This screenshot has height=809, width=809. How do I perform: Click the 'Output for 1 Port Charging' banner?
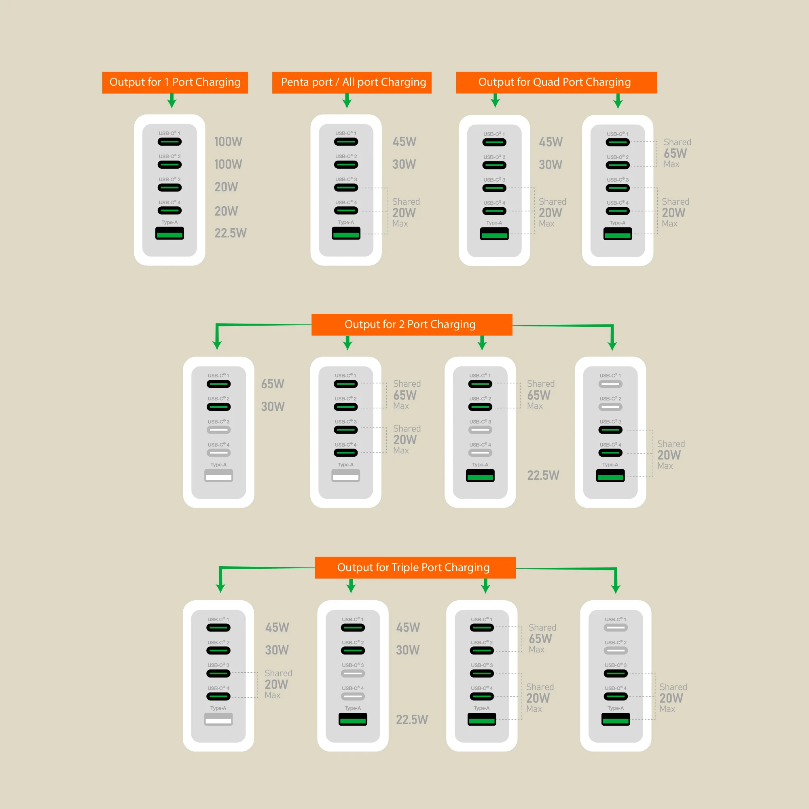coord(175,82)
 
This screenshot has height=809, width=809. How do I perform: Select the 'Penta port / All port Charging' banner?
coord(352,82)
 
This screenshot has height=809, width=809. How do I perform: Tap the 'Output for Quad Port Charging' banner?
coord(556,82)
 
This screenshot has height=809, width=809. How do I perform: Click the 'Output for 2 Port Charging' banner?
coord(411,324)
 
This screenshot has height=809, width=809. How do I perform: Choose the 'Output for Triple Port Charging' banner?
coord(415,568)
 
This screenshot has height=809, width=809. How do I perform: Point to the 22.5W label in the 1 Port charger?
coord(230,233)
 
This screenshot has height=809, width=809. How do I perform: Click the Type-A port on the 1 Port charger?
coord(169,233)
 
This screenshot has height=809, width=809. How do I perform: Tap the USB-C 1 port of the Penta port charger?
coord(346,142)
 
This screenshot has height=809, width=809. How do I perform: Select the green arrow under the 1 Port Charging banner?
coord(172,101)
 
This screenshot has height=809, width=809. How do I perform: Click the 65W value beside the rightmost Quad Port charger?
coord(675,153)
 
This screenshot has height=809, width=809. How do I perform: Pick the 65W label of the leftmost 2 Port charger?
coord(273,384)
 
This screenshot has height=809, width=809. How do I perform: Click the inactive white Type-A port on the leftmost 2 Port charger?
coord(218,476)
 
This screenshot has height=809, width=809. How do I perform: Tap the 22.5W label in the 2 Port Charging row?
coord(543,476)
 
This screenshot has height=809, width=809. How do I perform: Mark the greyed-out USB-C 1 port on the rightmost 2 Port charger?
coord(610,384)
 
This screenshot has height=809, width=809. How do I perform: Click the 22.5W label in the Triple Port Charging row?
coord(412,720)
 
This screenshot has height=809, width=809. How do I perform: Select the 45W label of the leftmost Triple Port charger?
coord(277,628)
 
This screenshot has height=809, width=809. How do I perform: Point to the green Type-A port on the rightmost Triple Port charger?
coord(616,719)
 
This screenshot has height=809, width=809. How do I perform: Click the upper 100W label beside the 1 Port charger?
coord(228,142)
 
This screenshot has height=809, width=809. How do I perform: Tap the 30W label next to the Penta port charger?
coord(404,165)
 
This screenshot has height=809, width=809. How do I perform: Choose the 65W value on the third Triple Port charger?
coord(540,639)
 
